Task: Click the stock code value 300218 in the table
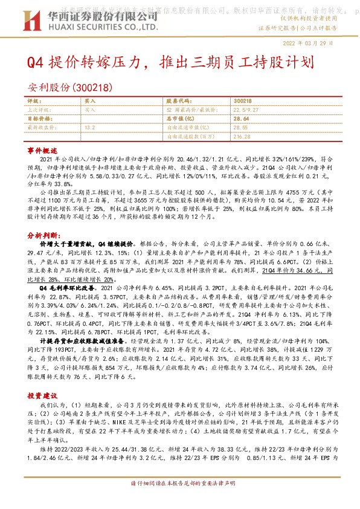click(242, 101)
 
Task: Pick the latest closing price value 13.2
click(90, 128)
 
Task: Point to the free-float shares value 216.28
click(242, 137)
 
